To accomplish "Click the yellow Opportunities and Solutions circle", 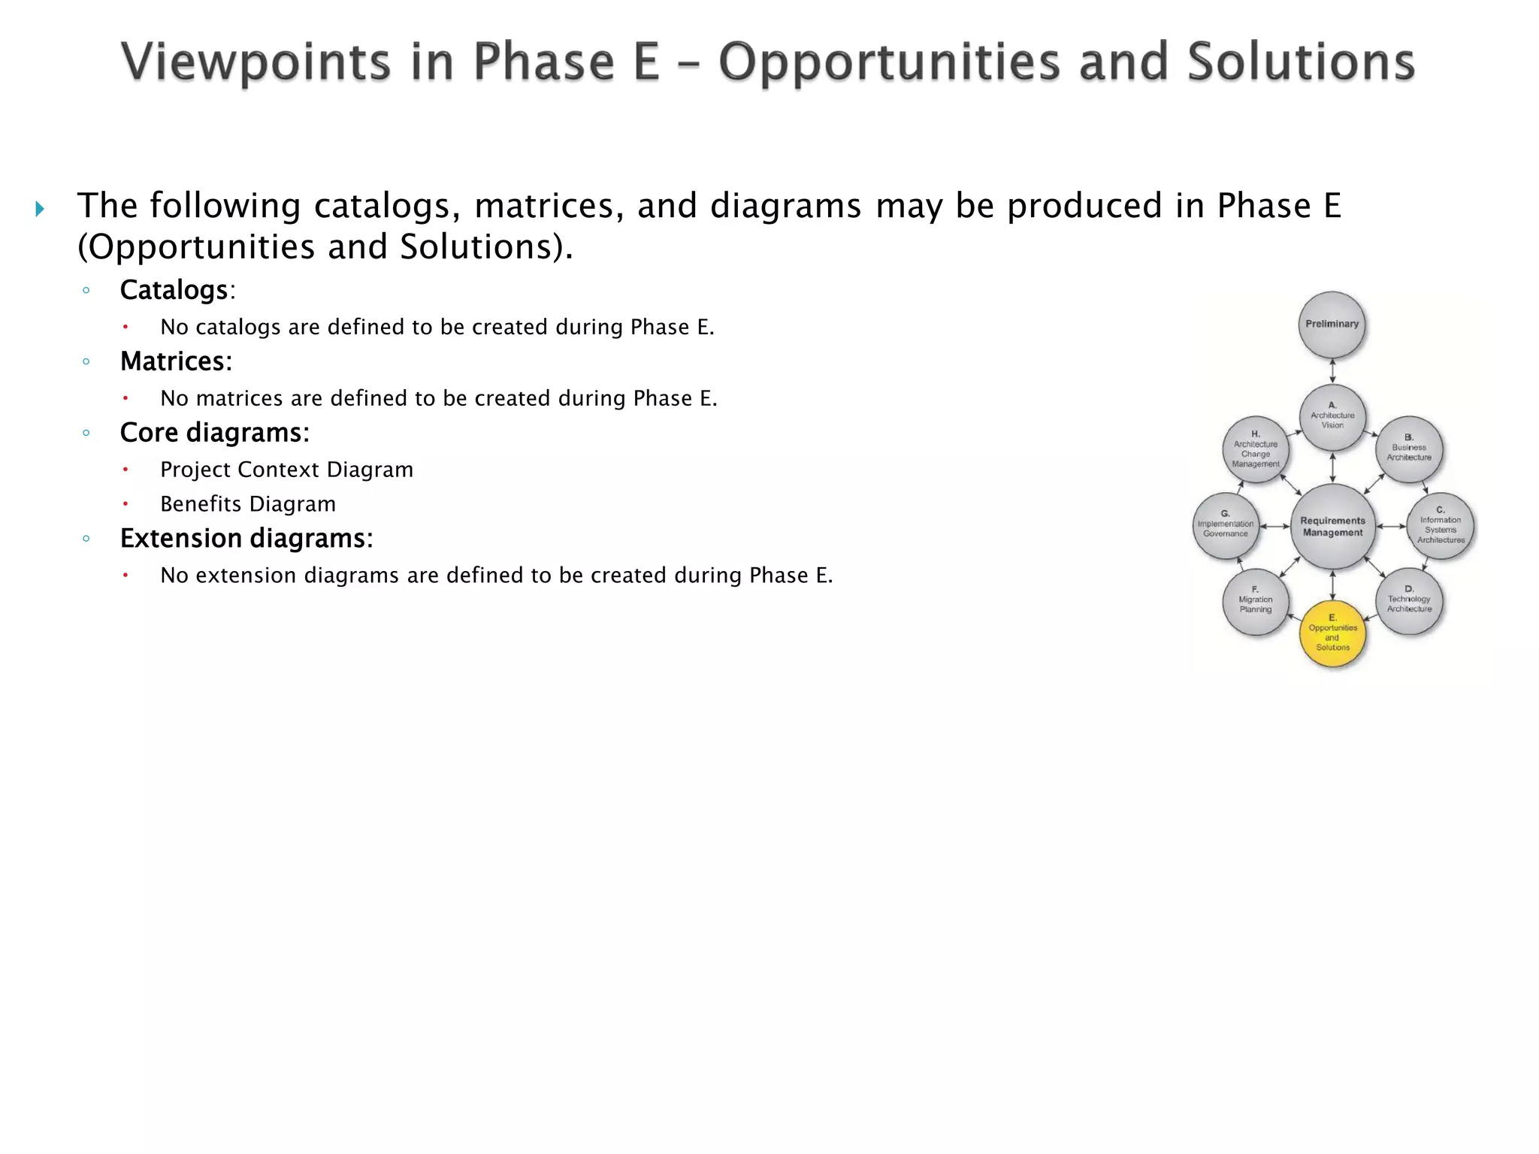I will click(x=1332, y=633).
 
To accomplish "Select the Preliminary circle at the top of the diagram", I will click(x=1332, y=325).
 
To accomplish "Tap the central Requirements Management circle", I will click(x=1332, y=526).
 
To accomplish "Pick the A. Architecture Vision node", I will click(x=1332, y=417).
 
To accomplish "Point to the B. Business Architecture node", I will click(x=1408, y=449).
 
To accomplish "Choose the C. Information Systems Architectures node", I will click(x=1440, y=527).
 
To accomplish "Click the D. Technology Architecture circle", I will click(x=1408, y=601).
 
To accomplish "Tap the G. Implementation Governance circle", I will click(x=1225, y=526).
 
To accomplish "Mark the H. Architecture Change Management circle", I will click(x=1256, y=449).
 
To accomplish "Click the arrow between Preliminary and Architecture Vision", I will click(x=1332, y=370).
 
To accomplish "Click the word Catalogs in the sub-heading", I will click(x=174, y=290).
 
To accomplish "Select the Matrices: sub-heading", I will click(x=176, y=361).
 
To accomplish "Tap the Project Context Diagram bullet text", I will click(x=286, y=470).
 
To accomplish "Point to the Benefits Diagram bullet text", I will click(x=248, y=504).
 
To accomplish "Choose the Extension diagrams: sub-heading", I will click(x=246, y=539).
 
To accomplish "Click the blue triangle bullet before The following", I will click(x=40, y=208).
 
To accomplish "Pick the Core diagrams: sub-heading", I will click(x=215, y=433).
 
